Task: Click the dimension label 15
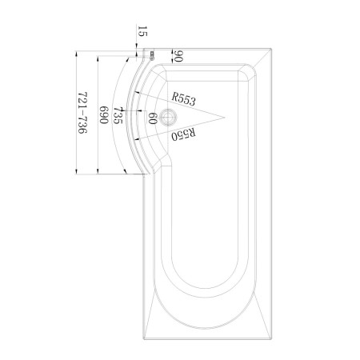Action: [142, 31]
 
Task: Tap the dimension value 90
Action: [178, 56]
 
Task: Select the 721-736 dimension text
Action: [82, 113]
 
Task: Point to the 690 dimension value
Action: [104, 115]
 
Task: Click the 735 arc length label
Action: [118, 115]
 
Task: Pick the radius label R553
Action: [183, 99]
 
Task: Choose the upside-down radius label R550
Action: [183, 134]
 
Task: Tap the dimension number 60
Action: [152, 118]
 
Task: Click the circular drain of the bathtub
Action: [168, 118]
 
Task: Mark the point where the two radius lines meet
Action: [224, 118]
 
